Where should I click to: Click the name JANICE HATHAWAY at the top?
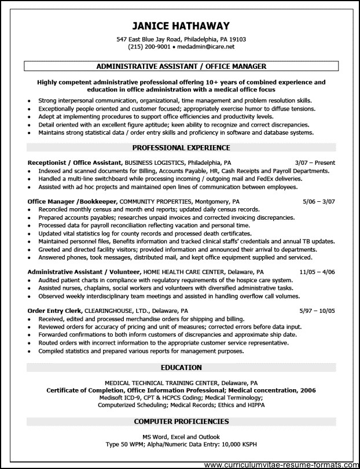point(181,26)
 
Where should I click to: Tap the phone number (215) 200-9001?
point(152,47)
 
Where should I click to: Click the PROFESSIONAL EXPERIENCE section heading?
point(181,148)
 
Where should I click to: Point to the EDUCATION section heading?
point(181,367)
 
